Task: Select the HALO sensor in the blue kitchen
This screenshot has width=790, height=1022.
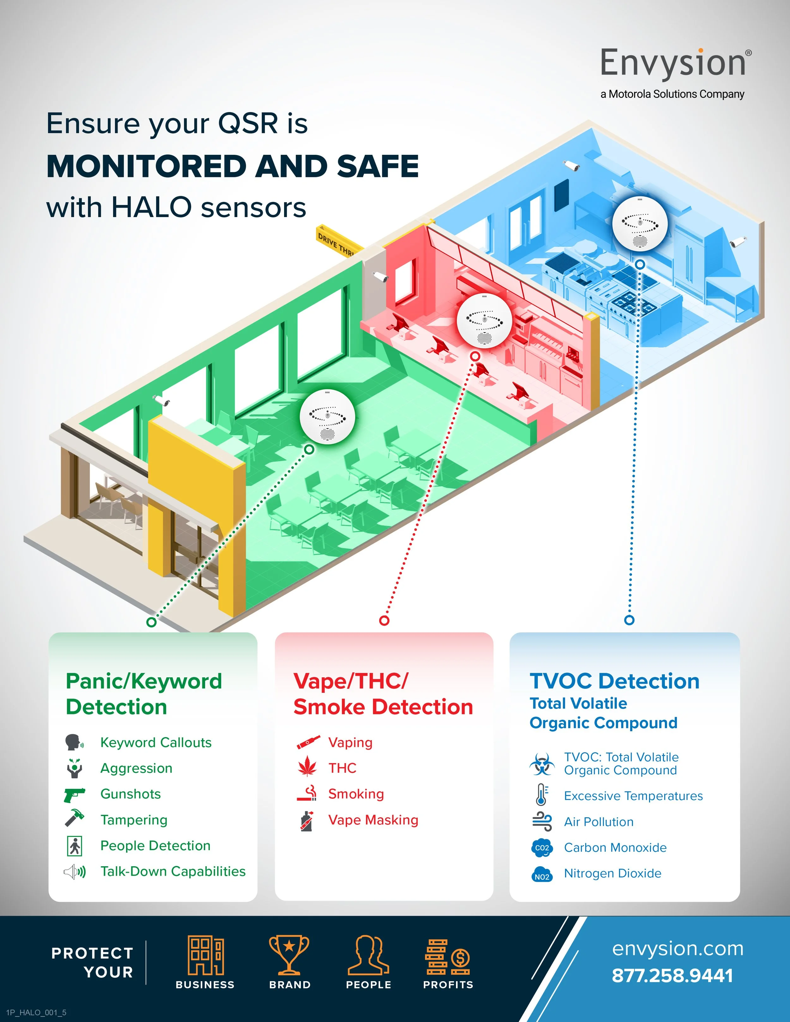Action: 640,224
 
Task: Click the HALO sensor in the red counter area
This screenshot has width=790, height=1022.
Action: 484,321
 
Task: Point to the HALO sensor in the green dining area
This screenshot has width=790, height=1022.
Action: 327,416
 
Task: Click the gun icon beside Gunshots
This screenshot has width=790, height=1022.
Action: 74,794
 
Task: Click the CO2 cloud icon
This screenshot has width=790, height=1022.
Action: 542,848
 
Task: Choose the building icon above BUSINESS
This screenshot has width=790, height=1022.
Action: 205,955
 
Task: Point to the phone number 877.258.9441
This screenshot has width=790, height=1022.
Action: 672,976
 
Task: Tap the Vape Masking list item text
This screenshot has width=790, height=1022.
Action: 373,820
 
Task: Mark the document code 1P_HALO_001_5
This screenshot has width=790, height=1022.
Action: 36,1012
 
